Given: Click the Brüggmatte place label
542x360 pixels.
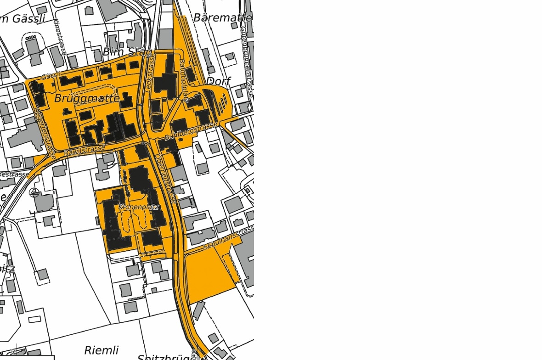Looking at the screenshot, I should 87,98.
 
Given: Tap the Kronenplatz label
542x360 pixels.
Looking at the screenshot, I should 138,207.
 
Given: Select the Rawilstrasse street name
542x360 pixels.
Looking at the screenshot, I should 85,150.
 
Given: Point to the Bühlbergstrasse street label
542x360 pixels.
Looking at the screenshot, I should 191,131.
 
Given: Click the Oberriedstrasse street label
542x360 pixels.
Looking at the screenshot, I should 165,178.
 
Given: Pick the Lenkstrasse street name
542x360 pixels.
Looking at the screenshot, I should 149,74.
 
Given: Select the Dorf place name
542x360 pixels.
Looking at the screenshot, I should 219,81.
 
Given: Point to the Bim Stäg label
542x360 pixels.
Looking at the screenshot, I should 127,51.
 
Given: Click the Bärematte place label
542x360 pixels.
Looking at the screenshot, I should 223,17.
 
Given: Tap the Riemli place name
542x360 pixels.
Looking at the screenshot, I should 101,350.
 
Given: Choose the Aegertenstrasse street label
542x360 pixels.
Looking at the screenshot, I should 45,134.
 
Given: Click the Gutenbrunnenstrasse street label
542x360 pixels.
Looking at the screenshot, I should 247,60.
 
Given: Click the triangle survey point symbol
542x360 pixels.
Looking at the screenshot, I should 34,192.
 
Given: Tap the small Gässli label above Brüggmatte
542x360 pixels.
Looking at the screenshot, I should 51,75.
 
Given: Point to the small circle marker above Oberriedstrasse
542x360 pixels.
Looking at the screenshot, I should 143,143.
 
